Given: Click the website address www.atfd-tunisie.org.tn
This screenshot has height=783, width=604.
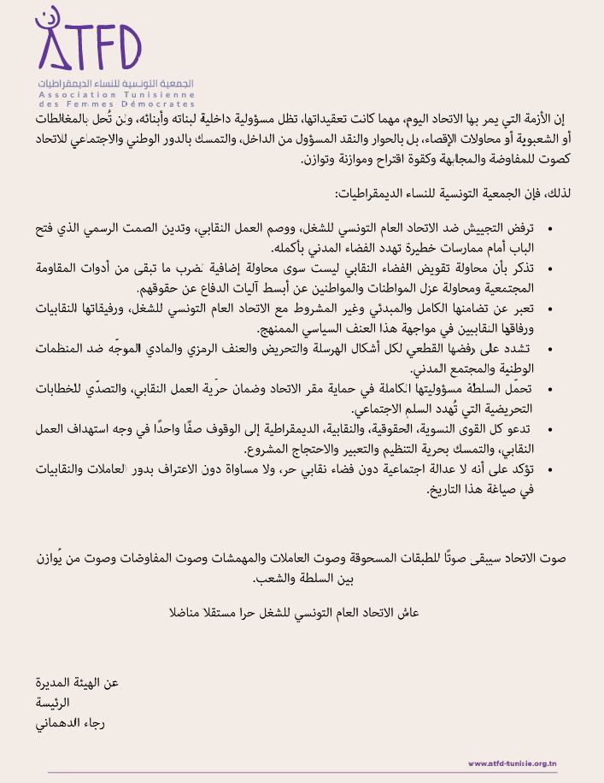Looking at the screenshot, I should [x=512, y=763].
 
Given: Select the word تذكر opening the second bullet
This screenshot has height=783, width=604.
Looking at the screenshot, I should [x=519, y=269].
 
